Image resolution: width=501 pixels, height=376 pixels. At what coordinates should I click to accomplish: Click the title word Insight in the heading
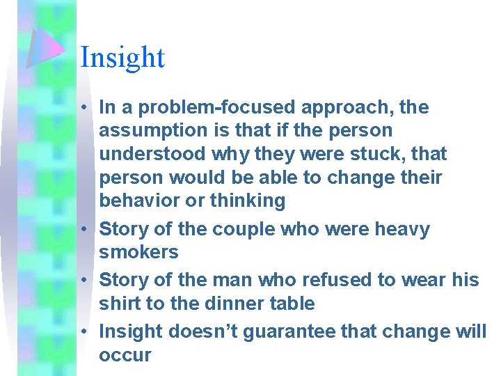point(122,57)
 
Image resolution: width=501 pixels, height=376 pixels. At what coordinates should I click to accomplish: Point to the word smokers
point(139,252)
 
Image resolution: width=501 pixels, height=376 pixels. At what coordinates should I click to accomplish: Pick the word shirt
point(119,304)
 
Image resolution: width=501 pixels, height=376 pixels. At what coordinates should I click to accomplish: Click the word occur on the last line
point(125,355)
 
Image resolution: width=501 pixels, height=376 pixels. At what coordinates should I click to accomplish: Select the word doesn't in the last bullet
point(215,331)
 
